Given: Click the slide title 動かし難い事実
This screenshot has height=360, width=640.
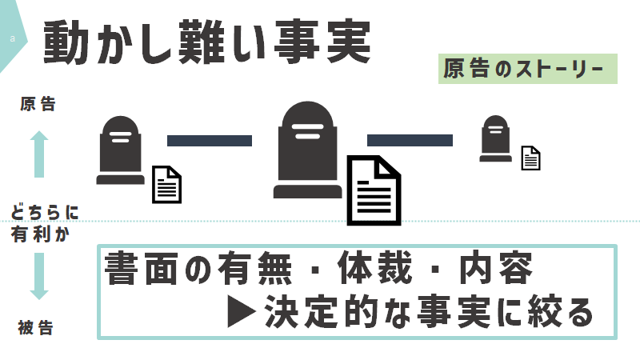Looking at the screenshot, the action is (x=207, y=42).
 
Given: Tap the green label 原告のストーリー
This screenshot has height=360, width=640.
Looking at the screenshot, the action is (x=528, y=69).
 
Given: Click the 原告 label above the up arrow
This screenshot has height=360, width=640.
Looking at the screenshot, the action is (x=38, y=104).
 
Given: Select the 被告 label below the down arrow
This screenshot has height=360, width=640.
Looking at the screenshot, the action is (x=36, y=328).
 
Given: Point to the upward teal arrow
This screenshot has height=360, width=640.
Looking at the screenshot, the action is (x=39, y=154).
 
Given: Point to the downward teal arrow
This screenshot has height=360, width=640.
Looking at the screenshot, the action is (x=39, y=276).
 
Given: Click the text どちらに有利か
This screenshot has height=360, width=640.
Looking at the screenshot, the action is (x=44, y=223).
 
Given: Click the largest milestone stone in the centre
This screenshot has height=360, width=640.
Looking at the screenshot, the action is (x=308, y=150).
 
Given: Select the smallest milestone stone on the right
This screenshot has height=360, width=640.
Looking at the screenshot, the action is (x=495, y=138).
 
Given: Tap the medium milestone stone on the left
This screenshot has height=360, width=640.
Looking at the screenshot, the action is (x=121, y=150).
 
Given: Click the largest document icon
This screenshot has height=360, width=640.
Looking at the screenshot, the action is (x=374, y=190).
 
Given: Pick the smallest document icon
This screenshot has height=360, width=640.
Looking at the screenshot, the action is (x=531, y=158).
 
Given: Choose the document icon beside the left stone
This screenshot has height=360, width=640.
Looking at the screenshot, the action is (x=167, y=185).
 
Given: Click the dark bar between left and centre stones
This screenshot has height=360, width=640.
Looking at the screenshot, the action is (x=210, y=141).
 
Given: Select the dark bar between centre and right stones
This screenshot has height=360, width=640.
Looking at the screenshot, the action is (x=410, y=141).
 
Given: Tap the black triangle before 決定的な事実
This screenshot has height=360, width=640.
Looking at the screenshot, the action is (x=242, y=312).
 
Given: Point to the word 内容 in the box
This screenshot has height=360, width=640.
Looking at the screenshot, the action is (x=496, y=269).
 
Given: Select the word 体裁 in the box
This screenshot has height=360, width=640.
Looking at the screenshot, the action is (x=374, y=269).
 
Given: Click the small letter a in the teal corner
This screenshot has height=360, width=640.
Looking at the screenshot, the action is (x=13, y=38).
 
